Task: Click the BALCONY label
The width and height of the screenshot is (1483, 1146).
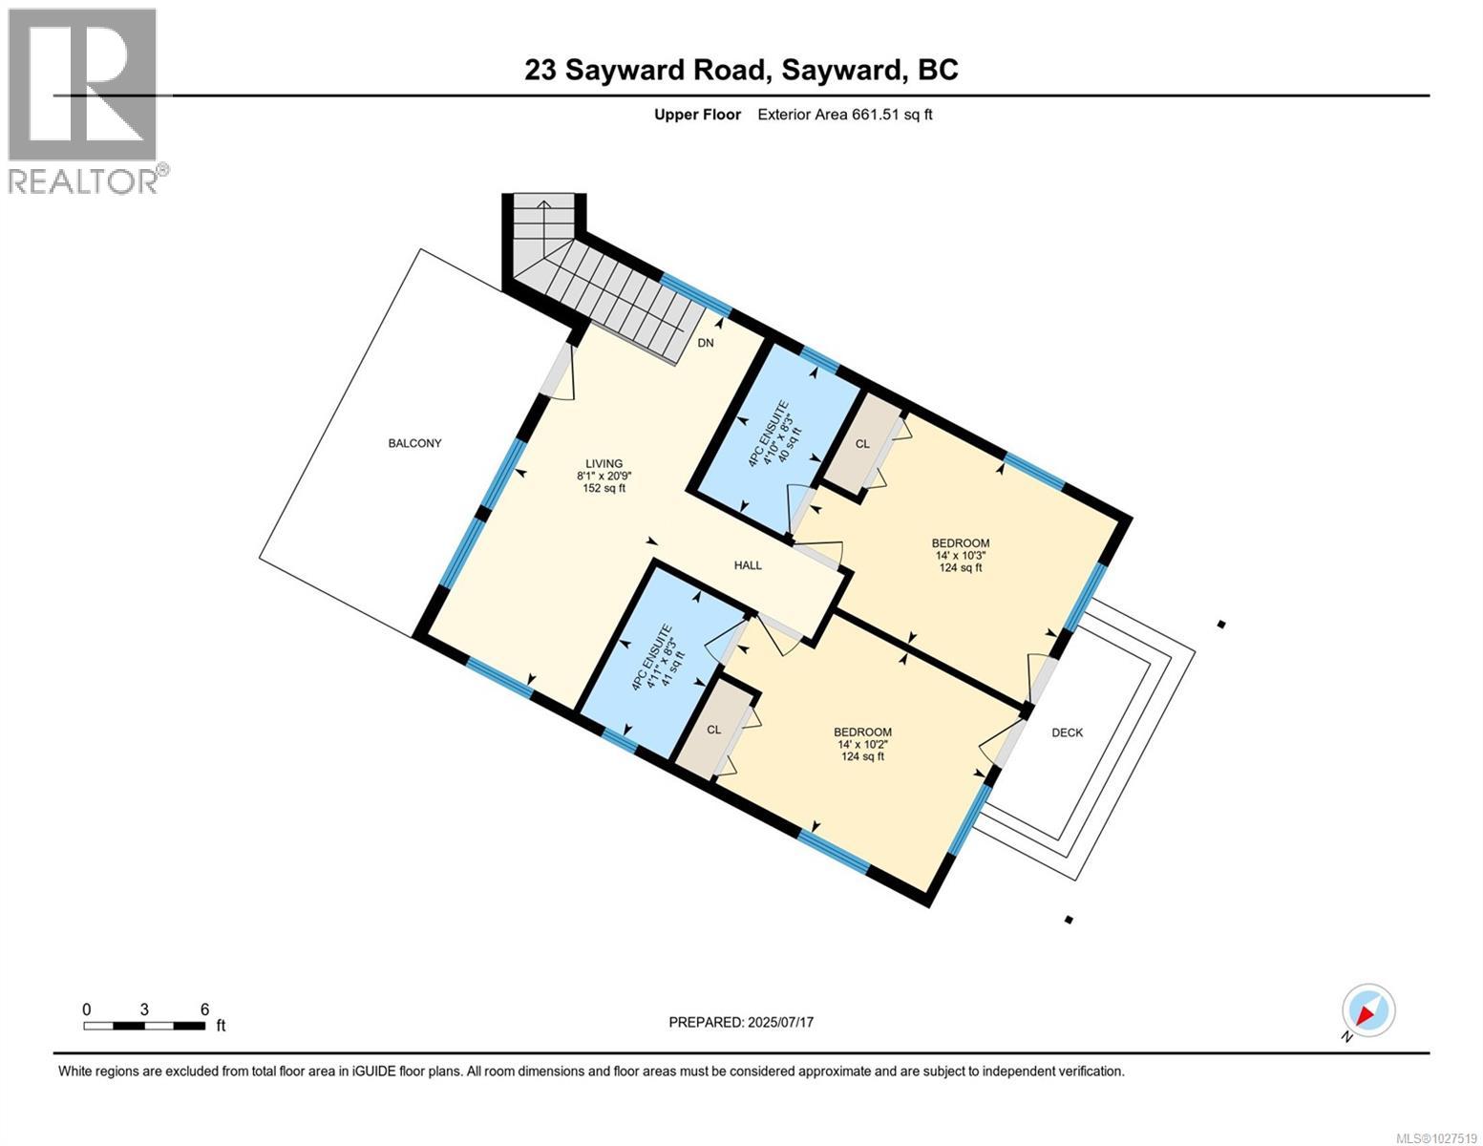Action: point(414,443)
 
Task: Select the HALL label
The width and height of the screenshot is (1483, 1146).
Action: point(748,565)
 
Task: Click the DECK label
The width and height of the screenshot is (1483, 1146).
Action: point(1067,732)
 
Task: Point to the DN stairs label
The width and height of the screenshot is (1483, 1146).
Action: point(705,344)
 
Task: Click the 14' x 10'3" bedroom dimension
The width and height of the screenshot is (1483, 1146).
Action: point(961,556)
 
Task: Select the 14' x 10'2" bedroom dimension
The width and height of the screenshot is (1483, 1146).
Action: point(862,745)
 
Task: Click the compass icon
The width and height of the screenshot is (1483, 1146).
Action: point(1368,1010)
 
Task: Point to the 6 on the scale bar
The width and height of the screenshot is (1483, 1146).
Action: point(204,1009)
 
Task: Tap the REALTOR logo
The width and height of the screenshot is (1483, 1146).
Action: point(84,100)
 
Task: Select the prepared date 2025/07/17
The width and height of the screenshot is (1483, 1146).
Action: point(781,1022)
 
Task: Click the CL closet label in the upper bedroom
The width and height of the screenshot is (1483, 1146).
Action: point(862,444)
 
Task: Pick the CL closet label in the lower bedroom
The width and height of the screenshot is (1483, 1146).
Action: point(713,730)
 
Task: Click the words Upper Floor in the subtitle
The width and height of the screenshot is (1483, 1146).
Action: point(697,115)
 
